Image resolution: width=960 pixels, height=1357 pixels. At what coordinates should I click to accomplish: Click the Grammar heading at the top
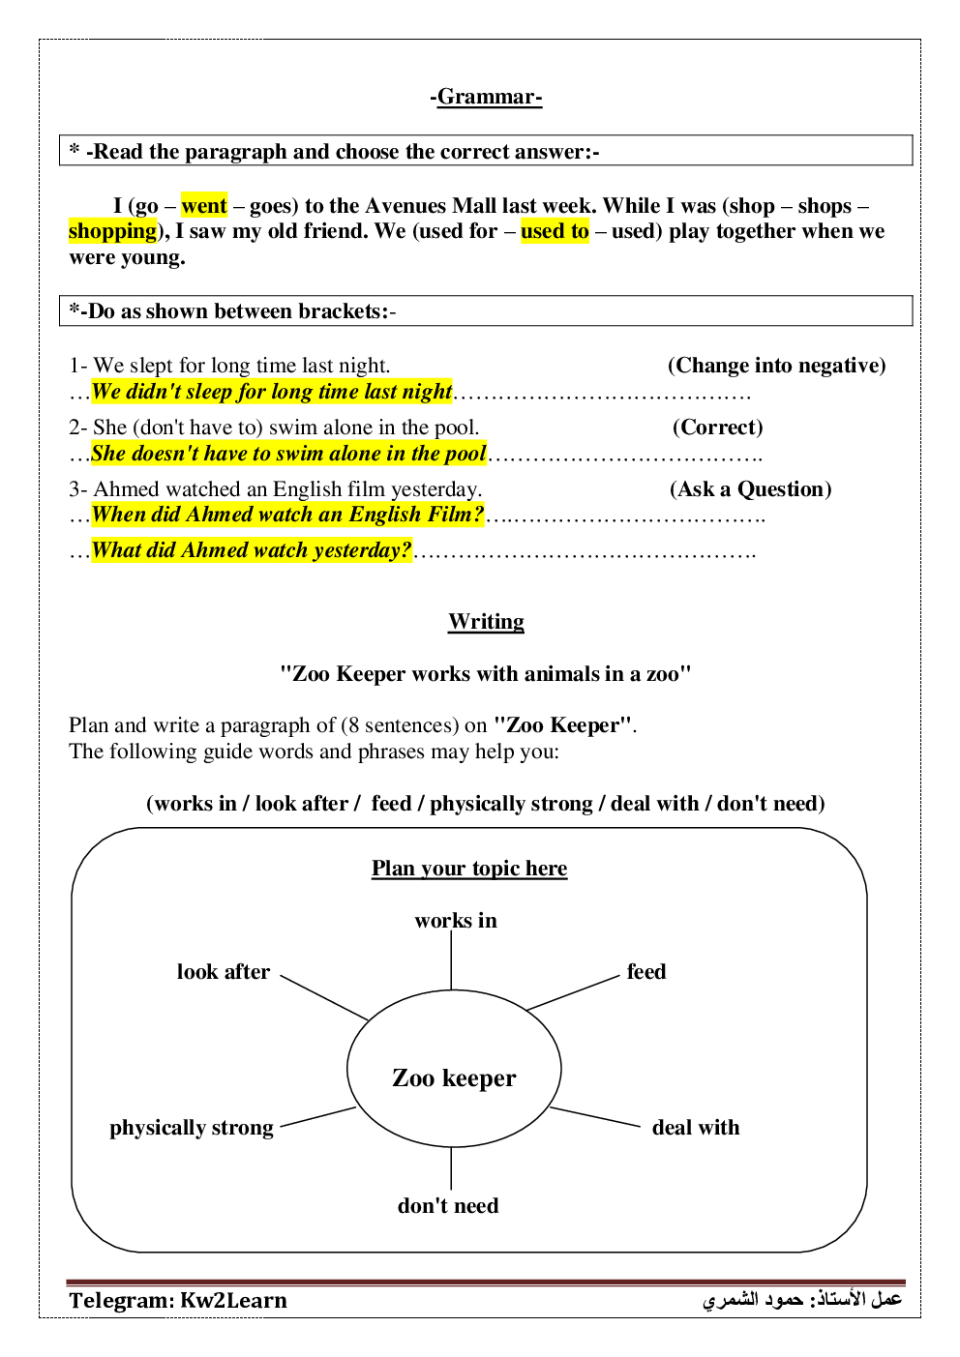coord(486,97)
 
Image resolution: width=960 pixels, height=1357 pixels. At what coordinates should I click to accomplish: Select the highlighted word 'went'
coord(204,206)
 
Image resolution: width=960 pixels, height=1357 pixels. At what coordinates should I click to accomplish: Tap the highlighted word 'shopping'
coord(112,231)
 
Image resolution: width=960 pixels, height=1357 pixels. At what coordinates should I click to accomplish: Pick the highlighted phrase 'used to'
coord(555,231)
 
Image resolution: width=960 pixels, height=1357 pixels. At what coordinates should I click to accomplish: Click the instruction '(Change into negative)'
coord(776,366)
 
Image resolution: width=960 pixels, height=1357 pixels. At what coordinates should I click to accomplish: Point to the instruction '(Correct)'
coord(717,428)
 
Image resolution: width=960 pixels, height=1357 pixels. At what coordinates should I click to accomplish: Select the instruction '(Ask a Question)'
coord(750,489)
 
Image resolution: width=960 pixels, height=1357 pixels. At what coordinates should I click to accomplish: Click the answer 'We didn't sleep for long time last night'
coord(271,392)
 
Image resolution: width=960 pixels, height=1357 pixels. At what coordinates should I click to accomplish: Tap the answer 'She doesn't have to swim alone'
coord(288,454)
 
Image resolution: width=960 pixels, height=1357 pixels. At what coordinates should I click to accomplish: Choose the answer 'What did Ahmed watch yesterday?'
coord(252,550)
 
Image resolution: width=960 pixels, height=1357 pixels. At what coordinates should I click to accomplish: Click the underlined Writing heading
coord(486,622)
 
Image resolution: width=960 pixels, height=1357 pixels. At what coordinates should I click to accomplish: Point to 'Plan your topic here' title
coord(469,869)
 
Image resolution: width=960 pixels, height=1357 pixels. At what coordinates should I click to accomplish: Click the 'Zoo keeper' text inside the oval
coord(454,1077)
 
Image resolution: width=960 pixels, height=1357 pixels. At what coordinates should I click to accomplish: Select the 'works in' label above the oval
coord(456,921)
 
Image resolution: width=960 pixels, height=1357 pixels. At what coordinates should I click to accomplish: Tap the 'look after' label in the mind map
coord(224,972)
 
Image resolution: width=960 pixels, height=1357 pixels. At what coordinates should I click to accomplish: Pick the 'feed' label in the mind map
coord(646,972)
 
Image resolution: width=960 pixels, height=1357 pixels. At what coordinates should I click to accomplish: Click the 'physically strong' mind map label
coord(192,1128)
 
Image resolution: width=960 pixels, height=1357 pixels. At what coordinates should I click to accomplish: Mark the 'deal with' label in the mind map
coord(696,1128)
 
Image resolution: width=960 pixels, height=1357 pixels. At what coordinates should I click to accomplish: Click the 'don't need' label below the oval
coord(448,1206)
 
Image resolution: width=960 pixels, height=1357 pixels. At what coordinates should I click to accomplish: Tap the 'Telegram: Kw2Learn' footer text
coord(178,1301)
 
